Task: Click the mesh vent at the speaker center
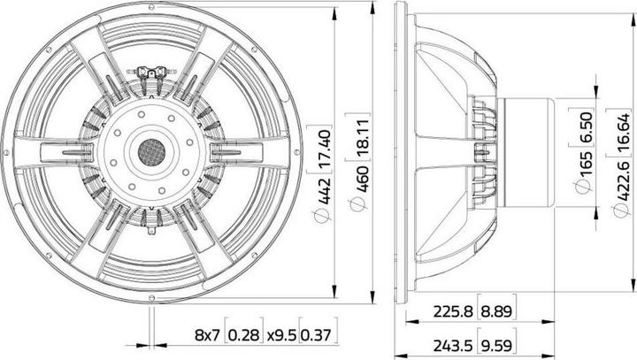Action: coord(150,152)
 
